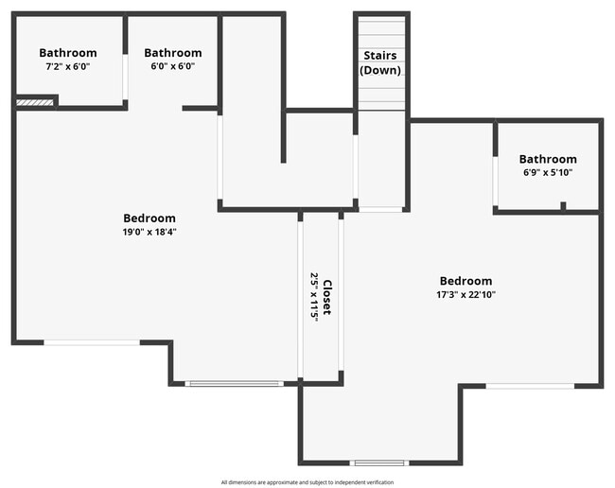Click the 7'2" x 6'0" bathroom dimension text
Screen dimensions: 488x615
67,66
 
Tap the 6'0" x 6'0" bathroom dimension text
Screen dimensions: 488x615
172,66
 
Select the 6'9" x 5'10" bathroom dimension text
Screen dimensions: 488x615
548,173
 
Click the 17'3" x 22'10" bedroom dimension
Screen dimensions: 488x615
466,294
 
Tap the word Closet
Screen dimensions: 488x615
327,297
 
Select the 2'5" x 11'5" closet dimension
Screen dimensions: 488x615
314,297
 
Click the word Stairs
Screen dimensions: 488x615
380,56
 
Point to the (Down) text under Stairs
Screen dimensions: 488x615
380,70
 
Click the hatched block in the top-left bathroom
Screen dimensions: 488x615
35,101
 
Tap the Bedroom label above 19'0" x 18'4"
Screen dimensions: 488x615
149,218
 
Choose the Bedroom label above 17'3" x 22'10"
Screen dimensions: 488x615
466,281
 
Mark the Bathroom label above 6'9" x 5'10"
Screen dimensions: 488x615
548,159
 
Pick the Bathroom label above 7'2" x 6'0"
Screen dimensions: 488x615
67,53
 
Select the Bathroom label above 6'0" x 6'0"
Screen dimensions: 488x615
172,53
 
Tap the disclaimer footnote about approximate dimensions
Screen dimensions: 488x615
307,481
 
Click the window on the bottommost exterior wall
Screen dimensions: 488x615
379,463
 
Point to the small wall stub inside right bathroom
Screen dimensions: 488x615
563,205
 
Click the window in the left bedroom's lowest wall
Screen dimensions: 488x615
234,383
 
